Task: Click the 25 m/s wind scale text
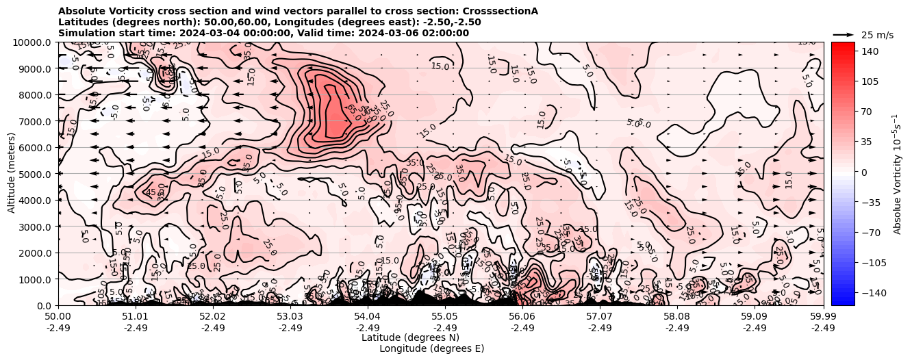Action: coord(877,35)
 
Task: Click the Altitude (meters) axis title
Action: coord(12,174)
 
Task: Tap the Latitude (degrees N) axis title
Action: coord(410,337)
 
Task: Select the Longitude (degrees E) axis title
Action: coord(432,348)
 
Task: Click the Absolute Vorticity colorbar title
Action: coord(898,174)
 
